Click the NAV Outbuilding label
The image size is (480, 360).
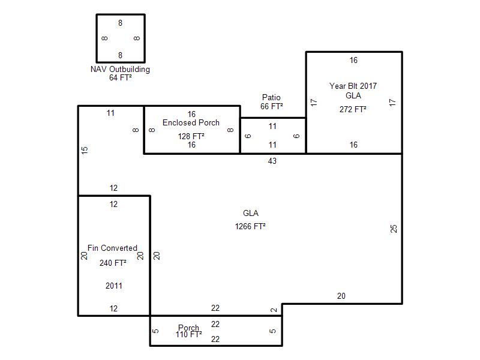(x=121, y=69)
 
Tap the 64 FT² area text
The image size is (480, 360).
(x=121, y=78)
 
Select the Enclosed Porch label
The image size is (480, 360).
(x=191, y=122)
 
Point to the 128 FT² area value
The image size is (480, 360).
(x=191, y=136)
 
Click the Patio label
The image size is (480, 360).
(x=271, y=97)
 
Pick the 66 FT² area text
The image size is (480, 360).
(x=272, y=106)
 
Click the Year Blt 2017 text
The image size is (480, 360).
(x=353, y=86)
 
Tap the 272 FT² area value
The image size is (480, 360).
(x=353, y=109)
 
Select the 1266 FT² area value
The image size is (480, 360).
(x=250, y=226)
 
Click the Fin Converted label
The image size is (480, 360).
(x=112, y=248)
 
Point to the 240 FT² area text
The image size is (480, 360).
(x=113, y=263)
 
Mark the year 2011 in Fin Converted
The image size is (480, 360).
(x=114, y=286)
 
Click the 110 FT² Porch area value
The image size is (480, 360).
(x=189, y=335)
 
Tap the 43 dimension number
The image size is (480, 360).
(x=272, y=161)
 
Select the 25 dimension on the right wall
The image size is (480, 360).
(x=394, y=229)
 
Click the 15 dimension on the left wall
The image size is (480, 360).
(x=85, y=150)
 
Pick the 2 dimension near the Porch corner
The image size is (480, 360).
(x=274, y=310)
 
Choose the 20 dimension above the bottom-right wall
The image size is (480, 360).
(x=341, y=296)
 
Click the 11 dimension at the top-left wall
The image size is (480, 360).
(x=110, y=113)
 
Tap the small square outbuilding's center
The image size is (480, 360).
(x=121, y=38)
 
